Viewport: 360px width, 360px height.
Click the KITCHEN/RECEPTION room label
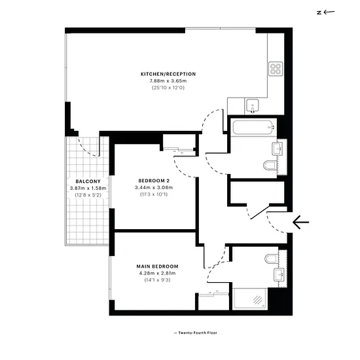168,74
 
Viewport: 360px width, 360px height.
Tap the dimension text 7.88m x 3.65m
168,81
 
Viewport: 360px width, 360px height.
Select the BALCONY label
88,181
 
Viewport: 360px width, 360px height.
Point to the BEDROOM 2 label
154,181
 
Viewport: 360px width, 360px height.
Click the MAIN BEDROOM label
157,266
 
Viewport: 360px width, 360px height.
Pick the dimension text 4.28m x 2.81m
157,273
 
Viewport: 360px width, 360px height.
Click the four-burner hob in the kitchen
276,69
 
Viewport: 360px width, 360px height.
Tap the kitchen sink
253,106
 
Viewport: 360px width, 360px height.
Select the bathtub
255,128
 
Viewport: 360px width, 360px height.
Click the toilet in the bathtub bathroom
270,166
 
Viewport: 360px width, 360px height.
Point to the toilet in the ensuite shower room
271,259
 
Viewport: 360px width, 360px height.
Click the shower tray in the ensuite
250,299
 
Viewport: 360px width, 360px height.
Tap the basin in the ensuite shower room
279,275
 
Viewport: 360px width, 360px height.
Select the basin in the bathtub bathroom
278,149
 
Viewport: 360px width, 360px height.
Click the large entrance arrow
301,223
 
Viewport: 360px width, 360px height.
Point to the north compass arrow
329,12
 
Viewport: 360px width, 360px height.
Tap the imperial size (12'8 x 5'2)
88,195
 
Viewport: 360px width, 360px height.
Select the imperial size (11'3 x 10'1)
154,194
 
